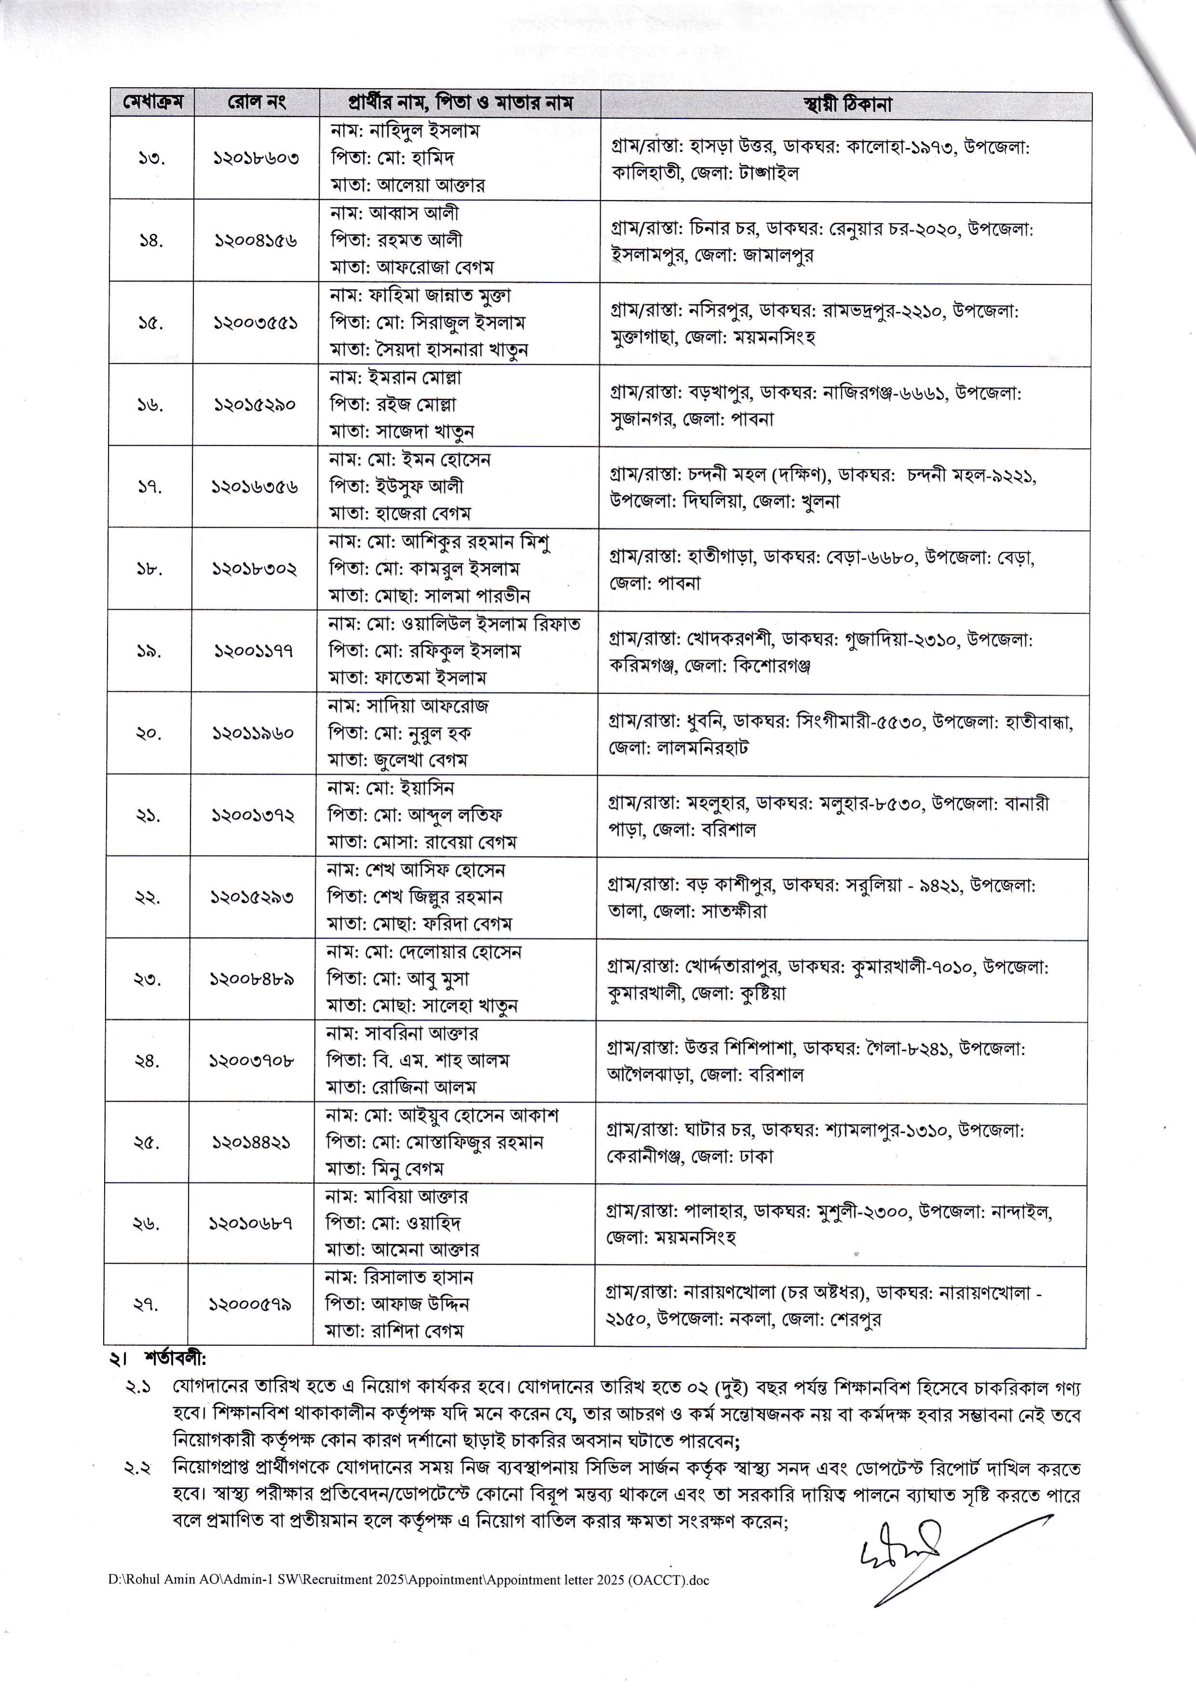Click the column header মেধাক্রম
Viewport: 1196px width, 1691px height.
click(152, 103)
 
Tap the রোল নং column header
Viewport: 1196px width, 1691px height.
click(256, 103)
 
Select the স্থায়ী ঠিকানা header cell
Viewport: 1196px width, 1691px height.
click(847, 105)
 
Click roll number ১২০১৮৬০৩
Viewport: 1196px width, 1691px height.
click(256, 158)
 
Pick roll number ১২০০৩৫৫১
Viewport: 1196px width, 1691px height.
click(255, 322)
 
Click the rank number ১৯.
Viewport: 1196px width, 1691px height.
click(149, 651)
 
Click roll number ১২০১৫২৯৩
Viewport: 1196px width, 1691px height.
click(253, 898)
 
